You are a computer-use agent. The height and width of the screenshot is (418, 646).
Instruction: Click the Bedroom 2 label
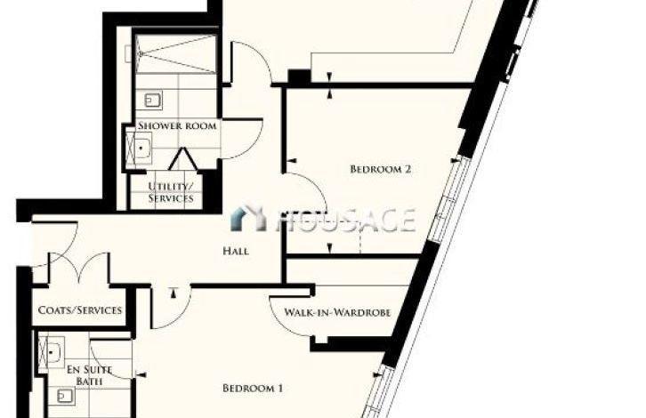pyautogui.click(x=380, y=169)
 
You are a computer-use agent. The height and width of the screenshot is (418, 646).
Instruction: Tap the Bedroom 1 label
pyautogui.click(x=253, y=388)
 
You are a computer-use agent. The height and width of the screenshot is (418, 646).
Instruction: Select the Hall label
pyautogui.click(x=236, y=251)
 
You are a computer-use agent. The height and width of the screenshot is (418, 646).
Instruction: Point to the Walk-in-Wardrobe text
pyautogui.click(x=337, y=312)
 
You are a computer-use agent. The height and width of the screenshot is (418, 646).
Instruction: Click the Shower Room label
pyautogui.click(x=177, y=125)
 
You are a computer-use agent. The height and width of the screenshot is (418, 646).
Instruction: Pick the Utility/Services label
pyautogui.click(x=171, y=192)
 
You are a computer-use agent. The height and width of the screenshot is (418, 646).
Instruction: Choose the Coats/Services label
pyautogui.click(x=80, y=310)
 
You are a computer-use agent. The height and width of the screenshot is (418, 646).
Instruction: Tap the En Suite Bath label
pyautogui.click(x=89, y=375)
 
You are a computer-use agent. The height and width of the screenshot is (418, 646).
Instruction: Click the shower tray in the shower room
pyautogui.click(x=176, y=54)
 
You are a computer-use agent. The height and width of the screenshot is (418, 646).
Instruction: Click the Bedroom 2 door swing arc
pyautogui.click(x=318, y=186)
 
